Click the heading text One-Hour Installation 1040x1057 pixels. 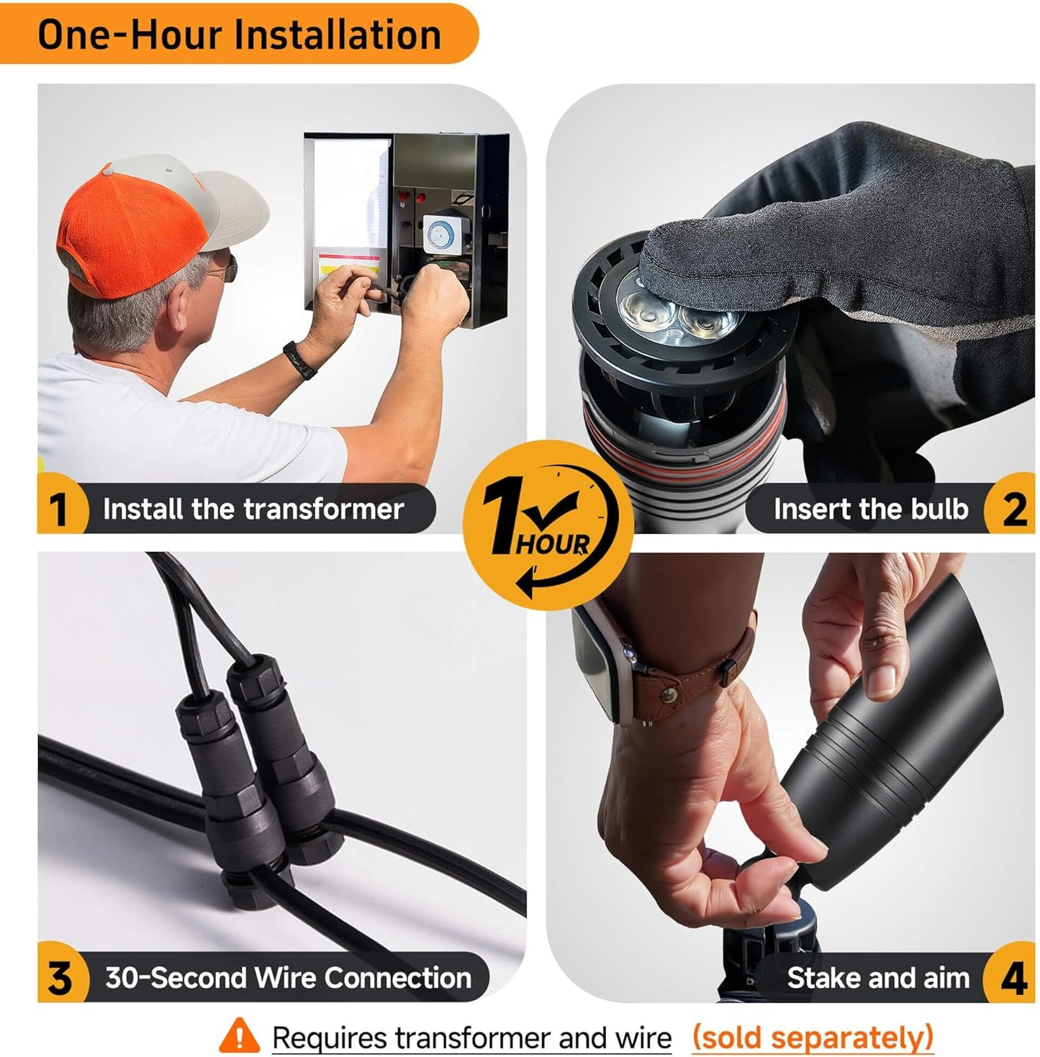point(239,35)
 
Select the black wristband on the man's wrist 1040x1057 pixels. point(299,359)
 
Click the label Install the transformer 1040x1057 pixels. point(253,509)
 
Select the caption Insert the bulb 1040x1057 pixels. point(871,509)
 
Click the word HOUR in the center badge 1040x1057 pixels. point(552,545)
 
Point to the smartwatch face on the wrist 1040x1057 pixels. point(594,663)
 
